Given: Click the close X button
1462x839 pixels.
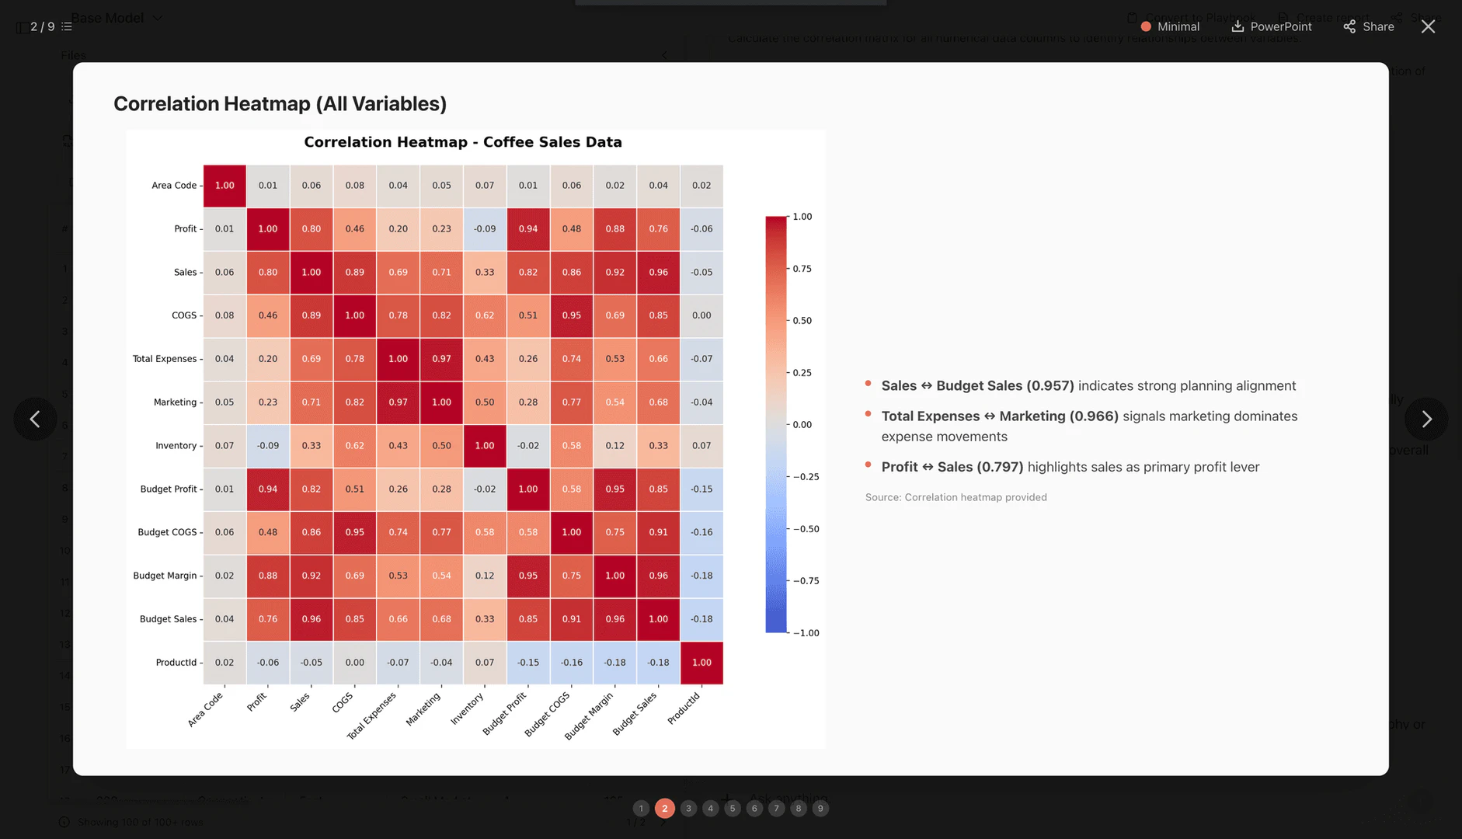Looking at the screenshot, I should pos(1428,26).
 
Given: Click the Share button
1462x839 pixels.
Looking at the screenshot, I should pos(1369,26).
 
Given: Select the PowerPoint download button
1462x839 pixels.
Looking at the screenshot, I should pos(1272,26).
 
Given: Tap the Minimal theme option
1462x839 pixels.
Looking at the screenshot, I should pos(1170,26).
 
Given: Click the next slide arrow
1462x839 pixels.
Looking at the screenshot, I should pos(1426,419).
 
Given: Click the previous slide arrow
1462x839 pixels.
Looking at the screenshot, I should pos(35,419).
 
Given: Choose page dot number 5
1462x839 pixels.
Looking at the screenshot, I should pos(732,809).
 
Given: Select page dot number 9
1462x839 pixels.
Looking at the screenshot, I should pos(820,809).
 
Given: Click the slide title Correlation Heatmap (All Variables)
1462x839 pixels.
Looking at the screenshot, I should pos(280,103).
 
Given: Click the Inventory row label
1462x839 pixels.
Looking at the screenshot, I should pos(176,446).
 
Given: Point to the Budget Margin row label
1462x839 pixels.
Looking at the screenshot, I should pos(165,576).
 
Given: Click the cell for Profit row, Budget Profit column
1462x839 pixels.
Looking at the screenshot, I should pos(528,229).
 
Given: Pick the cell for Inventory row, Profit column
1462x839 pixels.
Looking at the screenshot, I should pos(268,446).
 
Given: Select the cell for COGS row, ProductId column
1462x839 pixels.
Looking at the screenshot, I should pos(701,315).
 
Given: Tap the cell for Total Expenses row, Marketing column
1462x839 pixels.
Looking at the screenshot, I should pos(441,359).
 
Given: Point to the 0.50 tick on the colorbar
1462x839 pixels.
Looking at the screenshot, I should pos(802,321).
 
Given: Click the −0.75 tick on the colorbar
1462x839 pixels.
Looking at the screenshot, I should pos(806,581).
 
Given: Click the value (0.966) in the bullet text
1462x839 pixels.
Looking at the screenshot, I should pos(1094,416).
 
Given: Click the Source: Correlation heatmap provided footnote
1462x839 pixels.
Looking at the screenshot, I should pos(956,497).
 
